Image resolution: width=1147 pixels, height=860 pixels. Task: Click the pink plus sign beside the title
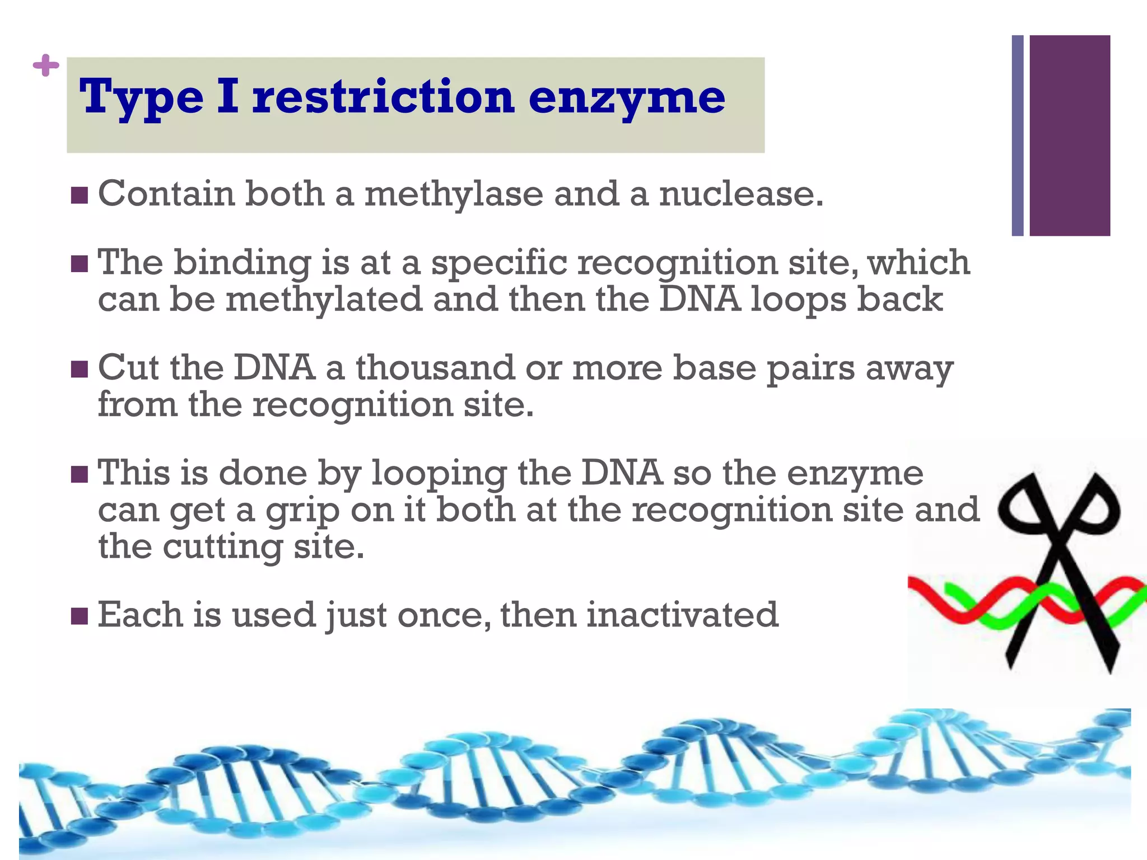(46, 66)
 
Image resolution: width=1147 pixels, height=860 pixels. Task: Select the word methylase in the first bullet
(454, 194)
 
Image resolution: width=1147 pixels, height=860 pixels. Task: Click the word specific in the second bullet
(498, 263)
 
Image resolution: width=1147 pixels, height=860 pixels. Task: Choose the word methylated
(324, 300)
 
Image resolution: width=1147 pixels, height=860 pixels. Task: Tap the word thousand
(435, 368)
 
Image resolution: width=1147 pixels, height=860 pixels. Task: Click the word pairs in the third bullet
(810, 370)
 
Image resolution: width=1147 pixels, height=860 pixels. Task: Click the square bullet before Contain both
(80, 195)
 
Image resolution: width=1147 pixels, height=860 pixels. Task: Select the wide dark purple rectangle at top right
(1069, 135)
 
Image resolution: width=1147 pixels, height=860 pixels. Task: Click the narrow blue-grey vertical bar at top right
(1018, 135)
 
